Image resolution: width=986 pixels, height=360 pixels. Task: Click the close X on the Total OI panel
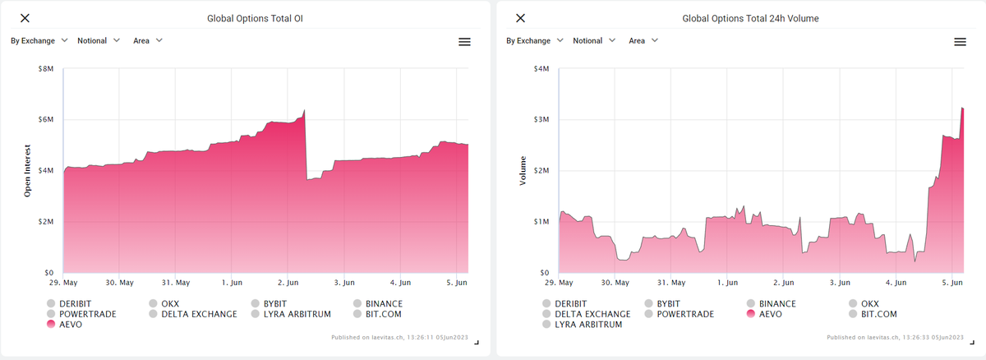25,18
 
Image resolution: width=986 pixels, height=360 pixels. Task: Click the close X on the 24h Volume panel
520,18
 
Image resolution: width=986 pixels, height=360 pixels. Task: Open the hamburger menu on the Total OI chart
464,42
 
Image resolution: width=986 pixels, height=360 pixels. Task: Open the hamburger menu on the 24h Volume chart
960,42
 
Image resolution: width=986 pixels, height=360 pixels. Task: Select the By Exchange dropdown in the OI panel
39,40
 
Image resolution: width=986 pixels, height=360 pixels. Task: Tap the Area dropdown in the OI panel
148,40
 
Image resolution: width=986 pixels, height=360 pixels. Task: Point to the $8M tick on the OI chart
46,69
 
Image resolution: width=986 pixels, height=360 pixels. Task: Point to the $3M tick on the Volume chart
541,120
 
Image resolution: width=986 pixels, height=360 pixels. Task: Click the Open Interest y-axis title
27,169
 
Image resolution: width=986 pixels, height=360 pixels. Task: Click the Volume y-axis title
523,169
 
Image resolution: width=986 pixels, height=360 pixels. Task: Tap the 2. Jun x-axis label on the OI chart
288,283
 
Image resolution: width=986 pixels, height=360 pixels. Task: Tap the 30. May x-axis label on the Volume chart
615,283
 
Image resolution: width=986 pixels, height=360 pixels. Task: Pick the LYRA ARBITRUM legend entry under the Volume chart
585,325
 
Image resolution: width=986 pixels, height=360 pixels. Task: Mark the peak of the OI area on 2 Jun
305,110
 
